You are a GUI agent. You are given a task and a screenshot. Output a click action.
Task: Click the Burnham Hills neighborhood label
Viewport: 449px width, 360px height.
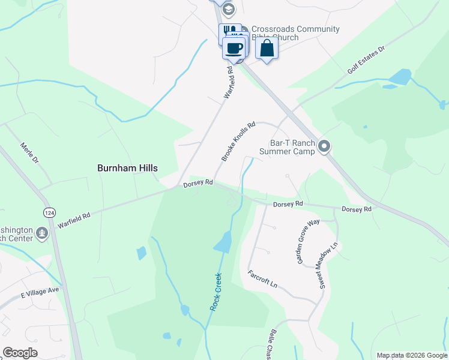coord(127,168)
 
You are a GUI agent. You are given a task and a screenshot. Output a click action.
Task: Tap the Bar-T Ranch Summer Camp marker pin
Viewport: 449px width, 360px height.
coord(325,146)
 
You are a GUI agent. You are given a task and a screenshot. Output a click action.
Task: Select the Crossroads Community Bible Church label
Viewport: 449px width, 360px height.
coord(295,33)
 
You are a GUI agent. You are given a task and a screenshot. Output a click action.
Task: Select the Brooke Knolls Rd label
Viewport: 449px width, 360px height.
coord(238,142)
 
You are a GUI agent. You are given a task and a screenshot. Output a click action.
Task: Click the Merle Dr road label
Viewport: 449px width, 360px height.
coord(29,152)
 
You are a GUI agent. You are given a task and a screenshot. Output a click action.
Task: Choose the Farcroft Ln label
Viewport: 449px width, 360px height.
coord(264,278)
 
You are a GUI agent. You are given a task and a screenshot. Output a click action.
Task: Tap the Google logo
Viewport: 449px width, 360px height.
coord(20,353)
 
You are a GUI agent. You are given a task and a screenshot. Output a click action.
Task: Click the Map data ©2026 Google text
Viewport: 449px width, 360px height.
coord(411,355)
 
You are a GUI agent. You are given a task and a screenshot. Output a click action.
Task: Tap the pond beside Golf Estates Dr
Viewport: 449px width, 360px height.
coord(400,77)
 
